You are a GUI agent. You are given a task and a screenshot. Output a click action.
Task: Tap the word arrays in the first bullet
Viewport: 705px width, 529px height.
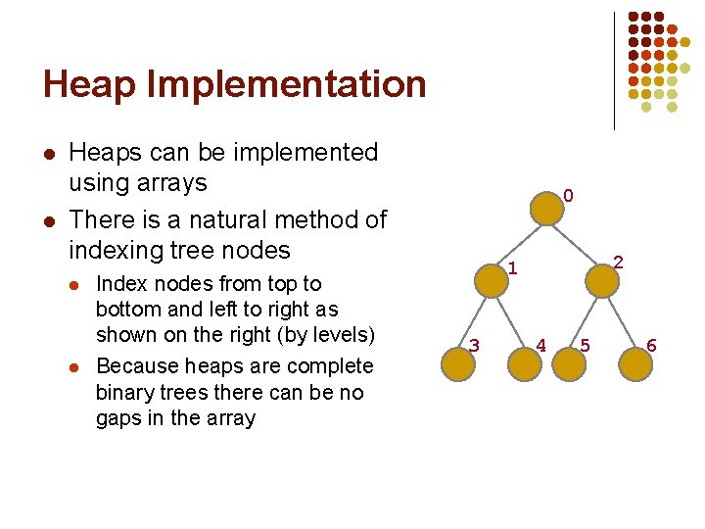coord(173,183)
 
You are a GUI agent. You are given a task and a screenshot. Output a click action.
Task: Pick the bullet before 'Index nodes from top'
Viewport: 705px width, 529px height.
coord(72,285)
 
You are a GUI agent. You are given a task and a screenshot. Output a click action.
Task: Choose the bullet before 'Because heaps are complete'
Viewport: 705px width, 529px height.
coord(72,367)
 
